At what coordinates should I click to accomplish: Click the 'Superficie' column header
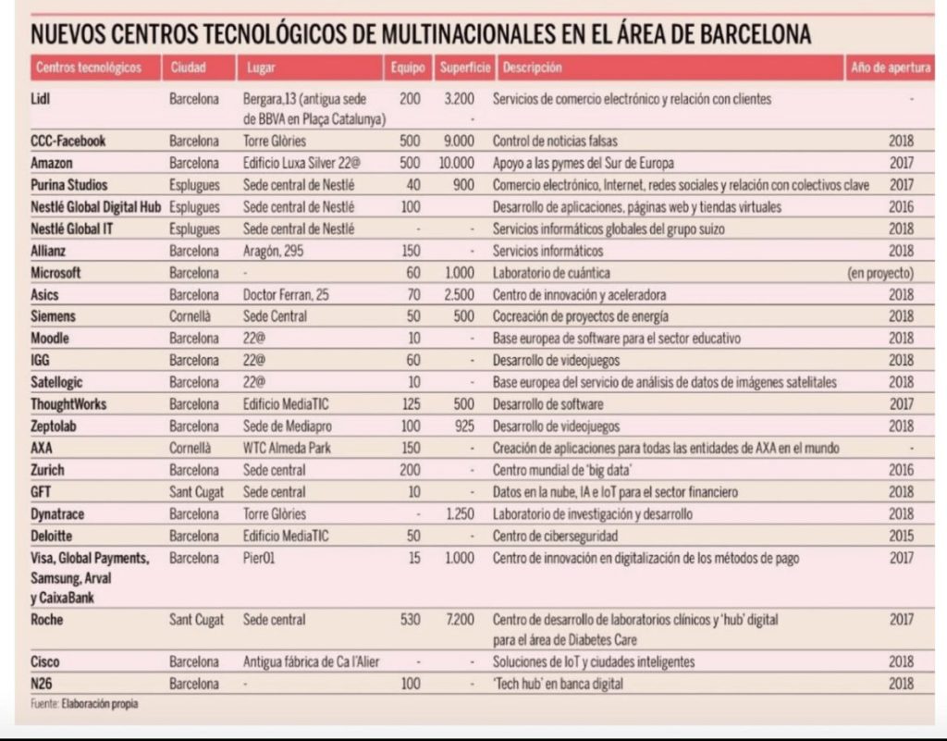(464, 68)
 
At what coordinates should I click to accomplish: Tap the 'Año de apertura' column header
(891, 68)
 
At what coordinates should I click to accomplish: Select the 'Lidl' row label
(41, 99)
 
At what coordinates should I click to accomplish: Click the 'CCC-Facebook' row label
(68, 141)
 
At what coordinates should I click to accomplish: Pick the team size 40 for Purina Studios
(412, 185)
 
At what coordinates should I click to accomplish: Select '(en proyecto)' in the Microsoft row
(879, 273)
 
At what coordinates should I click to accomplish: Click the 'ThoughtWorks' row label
(68, 404)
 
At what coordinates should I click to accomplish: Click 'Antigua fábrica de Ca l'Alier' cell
(310, 662)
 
